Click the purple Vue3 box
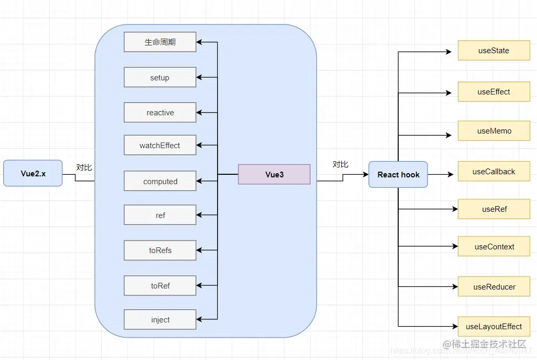[x=274, y=174]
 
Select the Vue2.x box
[x=33, y=174]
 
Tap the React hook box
[x=398, y=174]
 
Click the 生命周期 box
[x=160, y=42]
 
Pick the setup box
[x=160, y=78]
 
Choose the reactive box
[x=160, y=113]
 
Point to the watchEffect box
[x=160, y=146]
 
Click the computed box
[x=160, y=182]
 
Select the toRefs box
[x=160, y=250]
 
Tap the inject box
[x=160, y=320]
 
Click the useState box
[x=494, y=51]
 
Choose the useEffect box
[x=494, y=92]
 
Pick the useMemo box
[x=494, y=131]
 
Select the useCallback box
[x=494, y=172]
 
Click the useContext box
[x=494, y=247]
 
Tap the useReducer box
[x=494, y=287]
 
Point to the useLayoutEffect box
[x=494, y=327]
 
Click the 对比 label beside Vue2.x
[x=84, y=167]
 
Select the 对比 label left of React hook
[x=340, y=164]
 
